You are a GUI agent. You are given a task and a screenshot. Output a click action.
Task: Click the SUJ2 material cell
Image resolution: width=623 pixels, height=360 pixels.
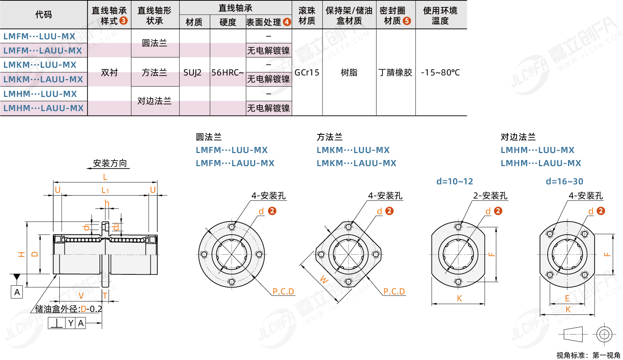coord(192,73)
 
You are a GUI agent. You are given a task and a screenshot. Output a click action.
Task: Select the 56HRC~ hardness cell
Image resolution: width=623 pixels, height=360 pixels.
coord(228,73)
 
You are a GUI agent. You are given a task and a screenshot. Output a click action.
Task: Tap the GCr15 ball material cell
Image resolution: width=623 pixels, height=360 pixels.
coord(307,73)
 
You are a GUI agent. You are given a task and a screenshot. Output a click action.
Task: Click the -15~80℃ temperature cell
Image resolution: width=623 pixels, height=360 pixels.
coord(440,73)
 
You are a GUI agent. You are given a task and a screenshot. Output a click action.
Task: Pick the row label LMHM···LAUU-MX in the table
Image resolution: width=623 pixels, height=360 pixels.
coord(43,108)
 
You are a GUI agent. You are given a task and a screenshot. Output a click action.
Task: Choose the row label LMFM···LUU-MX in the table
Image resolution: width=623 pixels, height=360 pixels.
coord(39,36)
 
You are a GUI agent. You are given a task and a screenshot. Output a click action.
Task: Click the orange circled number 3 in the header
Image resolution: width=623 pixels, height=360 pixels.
coord(123,21)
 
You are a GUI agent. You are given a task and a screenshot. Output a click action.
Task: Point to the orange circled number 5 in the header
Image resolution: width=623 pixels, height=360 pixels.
coord(407,21)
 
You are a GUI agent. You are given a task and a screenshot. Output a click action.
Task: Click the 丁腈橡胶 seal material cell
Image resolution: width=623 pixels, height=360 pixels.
coord(395,73)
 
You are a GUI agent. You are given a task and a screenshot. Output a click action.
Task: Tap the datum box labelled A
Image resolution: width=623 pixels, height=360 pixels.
coord(17,292)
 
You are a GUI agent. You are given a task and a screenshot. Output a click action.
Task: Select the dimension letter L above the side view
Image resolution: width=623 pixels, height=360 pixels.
coord(105,177)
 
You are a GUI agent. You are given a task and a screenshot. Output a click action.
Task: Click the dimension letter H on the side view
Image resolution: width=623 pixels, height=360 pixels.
coord(21,254)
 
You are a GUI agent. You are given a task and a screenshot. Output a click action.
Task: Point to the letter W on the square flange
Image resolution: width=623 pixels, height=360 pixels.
coord(324,279)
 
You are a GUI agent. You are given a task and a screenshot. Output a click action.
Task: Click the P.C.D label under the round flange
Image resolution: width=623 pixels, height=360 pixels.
coord(283,291)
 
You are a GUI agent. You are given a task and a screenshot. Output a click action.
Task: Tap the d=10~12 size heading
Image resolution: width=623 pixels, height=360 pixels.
coord(455,181)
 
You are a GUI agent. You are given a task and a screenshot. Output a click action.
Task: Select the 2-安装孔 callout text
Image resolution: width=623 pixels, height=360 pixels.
coord(490,195)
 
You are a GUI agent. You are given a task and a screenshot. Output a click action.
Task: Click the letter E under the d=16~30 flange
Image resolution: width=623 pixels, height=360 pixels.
coord(567,298)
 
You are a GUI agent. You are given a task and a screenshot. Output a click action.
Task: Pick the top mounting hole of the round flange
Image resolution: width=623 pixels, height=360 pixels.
coord(232,227)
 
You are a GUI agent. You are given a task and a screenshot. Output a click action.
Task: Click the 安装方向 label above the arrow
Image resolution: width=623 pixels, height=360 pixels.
coord(110,163)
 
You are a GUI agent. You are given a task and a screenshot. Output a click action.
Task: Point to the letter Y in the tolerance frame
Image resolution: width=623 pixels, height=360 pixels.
coord(71,323)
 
